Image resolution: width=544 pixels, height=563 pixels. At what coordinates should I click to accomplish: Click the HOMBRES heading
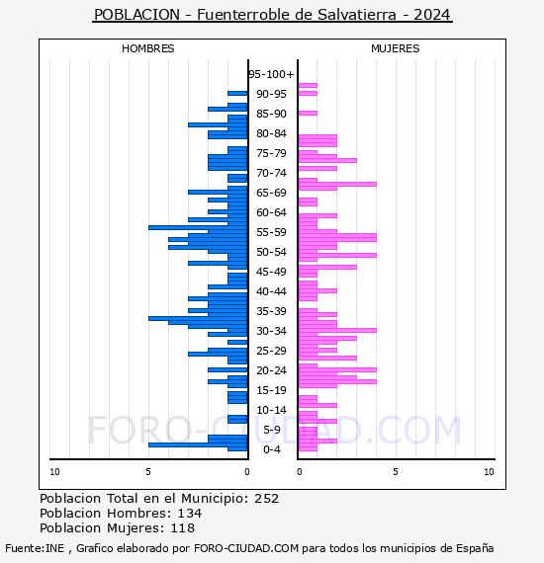click(x=147, y=48)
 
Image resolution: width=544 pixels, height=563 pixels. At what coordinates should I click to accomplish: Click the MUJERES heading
click(x=396, y=48)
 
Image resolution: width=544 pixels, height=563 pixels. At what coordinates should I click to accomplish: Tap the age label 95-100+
click(x=271, y=74)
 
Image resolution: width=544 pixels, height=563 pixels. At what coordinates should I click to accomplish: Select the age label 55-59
click(x=271, y=232)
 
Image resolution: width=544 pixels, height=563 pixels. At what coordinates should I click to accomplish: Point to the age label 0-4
click(x=272, y=449)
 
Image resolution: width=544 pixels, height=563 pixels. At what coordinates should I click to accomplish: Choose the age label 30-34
click(x=271, y=331)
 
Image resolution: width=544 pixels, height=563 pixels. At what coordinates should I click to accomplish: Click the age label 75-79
click(x=271, y=153)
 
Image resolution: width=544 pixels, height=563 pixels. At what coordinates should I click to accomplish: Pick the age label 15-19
click(x=271, y=390)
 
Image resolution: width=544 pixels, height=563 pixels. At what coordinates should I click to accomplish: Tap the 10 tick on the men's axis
click(x=54, y=472)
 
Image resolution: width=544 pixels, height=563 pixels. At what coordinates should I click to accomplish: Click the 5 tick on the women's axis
click(x=396, y=472)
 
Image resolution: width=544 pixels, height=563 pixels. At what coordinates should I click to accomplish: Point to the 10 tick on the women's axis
click(x=489, y=472)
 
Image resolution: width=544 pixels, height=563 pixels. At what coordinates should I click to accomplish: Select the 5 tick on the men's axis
click(x=148, y=472)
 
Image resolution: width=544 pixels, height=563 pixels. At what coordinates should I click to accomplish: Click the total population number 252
click(x=266, y=499)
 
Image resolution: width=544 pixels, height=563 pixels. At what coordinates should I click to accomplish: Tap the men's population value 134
click(x=190, y=514)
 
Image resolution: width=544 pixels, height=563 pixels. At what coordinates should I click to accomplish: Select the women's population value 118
click(x=183, y=528)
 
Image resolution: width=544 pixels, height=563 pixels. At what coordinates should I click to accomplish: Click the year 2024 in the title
click(x=432, y=15)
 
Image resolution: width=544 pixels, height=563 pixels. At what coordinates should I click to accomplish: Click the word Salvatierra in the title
click(x=356, y=15)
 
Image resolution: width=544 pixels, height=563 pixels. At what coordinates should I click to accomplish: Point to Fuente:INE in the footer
click(x=35, y=548)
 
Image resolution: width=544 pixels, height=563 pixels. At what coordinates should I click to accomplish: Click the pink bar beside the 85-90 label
click(x=308, y=114)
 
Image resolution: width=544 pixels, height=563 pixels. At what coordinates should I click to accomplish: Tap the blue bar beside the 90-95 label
click(x=237, y=94)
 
